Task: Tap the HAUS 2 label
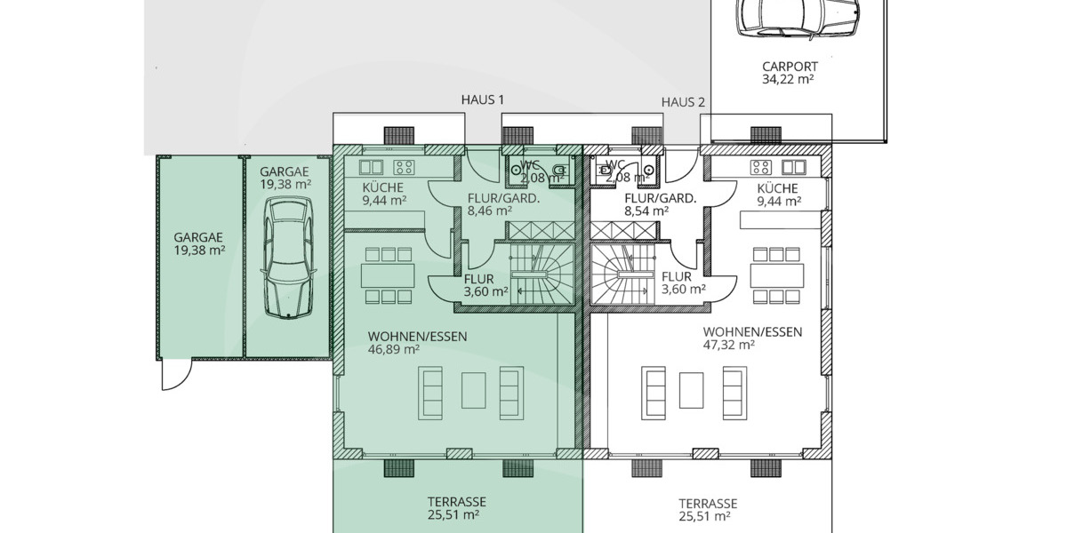point(683,102)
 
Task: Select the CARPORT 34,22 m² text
point(790,72)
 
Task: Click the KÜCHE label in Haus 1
point(383,188)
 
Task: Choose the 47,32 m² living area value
point(729,346)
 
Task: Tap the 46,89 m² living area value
point(394,350)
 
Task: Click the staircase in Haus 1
point(539,276)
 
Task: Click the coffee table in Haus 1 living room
point(473,392)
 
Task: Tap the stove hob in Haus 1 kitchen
point(404,166)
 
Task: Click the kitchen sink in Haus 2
point(793,166)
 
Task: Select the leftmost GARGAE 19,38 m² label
point(198,244)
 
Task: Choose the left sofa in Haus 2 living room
point(654,392)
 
